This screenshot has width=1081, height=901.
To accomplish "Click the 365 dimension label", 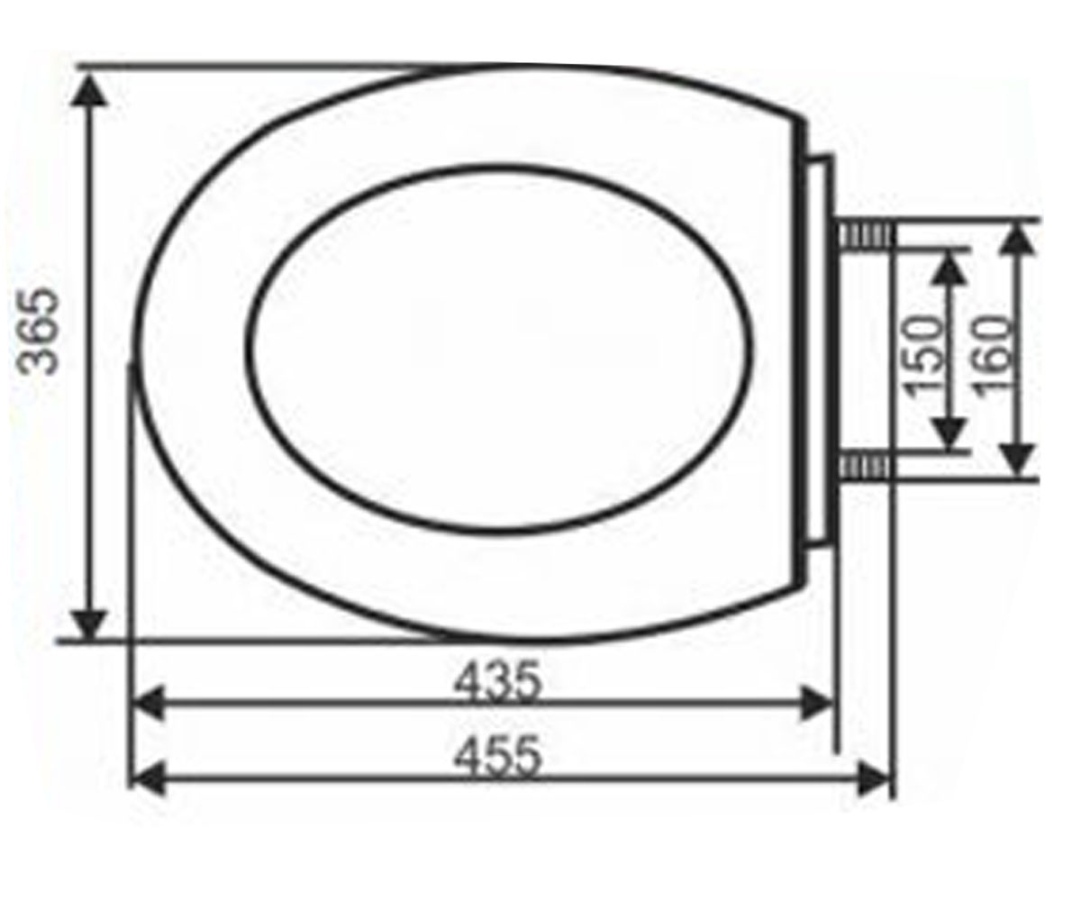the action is pyautogui.click(x=37, y=332).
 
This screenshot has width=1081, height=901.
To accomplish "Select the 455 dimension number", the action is pyautogui.click(x=497, y=757).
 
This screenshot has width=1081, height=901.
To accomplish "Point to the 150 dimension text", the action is pyautogui.click(x=922, y=359).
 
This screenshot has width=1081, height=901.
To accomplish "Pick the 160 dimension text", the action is pyautogui.click(x=992, y=359).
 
